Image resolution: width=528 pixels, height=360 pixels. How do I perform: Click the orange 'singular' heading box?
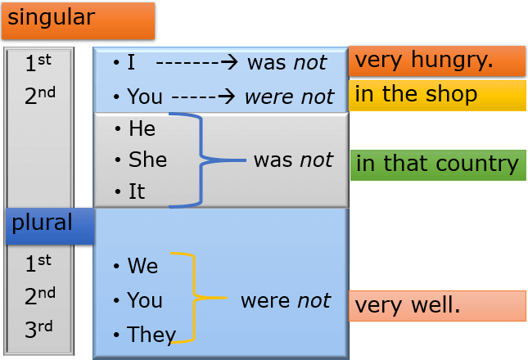tap(78, 20)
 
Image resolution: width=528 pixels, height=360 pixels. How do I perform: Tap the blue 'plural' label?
tap(50, 226)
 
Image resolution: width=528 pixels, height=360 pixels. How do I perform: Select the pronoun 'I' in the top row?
tap(131, 62)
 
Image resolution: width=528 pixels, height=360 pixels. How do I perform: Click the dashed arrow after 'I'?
tap(197, 62)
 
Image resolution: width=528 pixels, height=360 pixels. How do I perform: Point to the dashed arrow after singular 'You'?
tap(203, 97)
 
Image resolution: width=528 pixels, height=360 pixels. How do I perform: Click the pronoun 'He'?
tap(142, 128)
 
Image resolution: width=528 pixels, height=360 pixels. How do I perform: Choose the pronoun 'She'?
tap(148, 160)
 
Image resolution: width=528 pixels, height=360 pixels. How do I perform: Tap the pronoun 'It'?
tap(137, 191)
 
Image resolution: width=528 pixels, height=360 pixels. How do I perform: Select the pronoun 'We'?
tap(142, 265)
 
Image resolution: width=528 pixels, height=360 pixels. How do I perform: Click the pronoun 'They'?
tap(151, 335)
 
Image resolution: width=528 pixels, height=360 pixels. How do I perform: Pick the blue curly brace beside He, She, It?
tap(201, 160)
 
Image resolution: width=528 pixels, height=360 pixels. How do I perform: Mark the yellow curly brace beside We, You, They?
tap(194, 298)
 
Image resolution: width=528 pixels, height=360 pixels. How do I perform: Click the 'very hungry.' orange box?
tap(437, 61)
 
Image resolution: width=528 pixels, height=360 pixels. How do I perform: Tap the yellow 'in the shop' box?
tap(437, 96)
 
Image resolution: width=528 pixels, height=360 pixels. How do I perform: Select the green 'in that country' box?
tap(438, 165)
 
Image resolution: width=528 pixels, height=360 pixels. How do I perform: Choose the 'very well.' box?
tap(437, 306)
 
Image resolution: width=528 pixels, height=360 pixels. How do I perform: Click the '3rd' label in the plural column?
tap(38, 329)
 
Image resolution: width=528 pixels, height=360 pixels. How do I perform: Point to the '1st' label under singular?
tap(38, 62)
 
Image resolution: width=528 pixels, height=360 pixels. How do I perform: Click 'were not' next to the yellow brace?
tap(286, 300)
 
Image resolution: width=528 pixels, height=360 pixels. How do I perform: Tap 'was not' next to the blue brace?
tap(293, 160)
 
